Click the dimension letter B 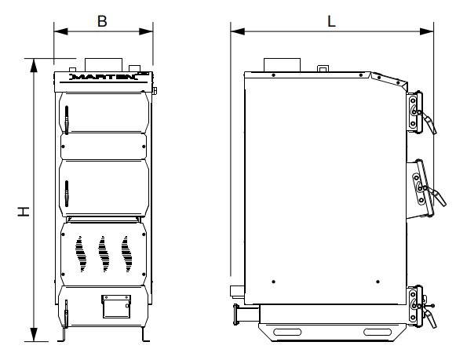point(102,21)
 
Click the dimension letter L point(331,21)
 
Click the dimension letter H point(24,212)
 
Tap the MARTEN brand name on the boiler point(104,77)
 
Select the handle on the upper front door point(67,120)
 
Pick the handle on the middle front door point(67,194)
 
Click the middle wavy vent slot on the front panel point(104,254)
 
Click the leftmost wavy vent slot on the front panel point(81,254)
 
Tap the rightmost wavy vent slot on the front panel point(127,254)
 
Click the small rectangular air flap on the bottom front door point(116,306)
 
